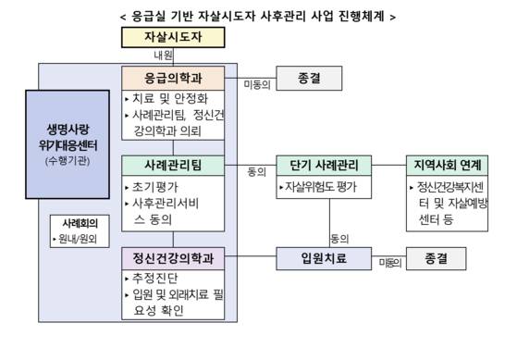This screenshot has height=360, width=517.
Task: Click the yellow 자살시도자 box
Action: (x=173, y=38)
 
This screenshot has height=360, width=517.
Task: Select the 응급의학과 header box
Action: (x=173, y=78)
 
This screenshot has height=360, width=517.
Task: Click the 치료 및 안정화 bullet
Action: (x=167, y=98)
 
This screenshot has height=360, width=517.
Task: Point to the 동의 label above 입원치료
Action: (x=339, y=238)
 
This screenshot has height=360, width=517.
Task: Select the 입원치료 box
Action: (x=323, y=258)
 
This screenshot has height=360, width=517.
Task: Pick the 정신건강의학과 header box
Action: (x=173, y=258)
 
